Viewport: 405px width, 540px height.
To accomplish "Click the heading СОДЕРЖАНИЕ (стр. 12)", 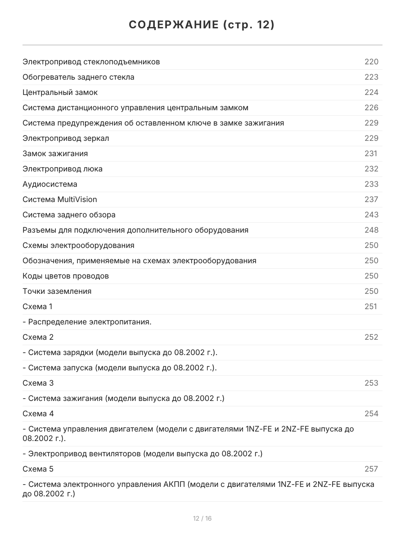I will [202, 25].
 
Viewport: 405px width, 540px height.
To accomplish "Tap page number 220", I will [371, 62].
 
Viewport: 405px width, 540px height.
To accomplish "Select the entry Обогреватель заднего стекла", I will [78, 77].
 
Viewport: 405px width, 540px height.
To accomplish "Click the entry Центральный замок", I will [60, 92].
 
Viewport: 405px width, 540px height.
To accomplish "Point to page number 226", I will [371, 108].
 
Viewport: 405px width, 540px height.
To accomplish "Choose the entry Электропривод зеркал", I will [66, 138].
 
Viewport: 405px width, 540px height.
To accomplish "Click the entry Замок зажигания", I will [55, 153].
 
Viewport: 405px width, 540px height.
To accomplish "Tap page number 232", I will [371, 169].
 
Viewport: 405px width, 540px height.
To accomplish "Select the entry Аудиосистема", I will [50, 184].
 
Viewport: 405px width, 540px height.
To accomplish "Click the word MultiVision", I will [77, 199].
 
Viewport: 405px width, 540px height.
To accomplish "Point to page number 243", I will [371, 215].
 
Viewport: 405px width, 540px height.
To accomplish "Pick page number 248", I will [371, 230].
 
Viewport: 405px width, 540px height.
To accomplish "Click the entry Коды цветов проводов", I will [66, 276].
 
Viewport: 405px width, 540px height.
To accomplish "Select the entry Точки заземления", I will [57, 291].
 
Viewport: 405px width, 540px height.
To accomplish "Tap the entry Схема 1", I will [37, 306].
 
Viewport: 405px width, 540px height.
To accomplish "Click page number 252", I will [371, 337].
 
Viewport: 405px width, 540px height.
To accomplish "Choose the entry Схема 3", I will [38, 383].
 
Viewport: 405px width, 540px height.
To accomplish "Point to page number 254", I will [371, 414].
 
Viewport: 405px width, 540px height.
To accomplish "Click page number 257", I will [371, 469].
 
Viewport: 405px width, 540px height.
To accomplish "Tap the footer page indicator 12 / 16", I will [202, 518].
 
